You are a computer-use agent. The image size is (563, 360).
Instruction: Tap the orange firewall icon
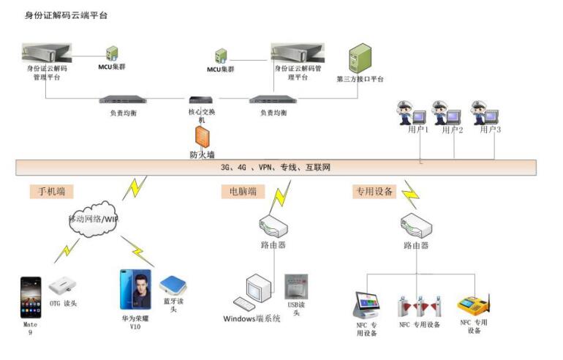click(201, 136)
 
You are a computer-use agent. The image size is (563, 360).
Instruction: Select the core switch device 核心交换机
click(200, 100)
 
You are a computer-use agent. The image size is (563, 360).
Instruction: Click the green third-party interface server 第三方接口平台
click(359, 58)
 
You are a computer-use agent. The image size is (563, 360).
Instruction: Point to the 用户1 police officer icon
click(406, 113)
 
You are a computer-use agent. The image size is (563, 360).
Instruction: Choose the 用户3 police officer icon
click(483, 113)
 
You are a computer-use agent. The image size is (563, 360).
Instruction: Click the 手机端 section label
click(52, 192)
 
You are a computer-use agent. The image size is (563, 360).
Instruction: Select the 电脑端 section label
click(239, 192)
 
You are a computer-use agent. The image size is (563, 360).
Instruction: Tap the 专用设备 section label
click(374, 192)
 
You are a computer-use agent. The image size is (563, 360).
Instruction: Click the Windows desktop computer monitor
click(260, 289)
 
